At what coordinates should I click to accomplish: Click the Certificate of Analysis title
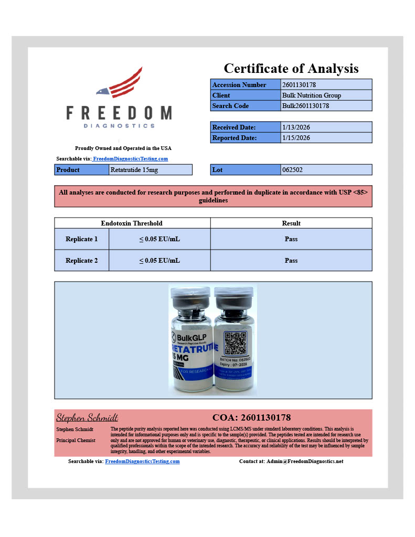pos(291,68)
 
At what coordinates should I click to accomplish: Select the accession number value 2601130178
pos(299,84)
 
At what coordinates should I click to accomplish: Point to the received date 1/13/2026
pos(296,127)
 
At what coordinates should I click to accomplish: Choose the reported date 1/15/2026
pos(296,138)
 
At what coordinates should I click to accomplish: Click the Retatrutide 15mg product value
pos(134,170)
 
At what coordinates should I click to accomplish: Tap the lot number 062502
pos(292,170)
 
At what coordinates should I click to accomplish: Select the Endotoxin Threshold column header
pos(132,223)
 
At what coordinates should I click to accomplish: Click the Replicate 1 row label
pos(81,239)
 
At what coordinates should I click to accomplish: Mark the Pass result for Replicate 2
pos(291,261)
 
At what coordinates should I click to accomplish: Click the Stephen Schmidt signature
pos(87,418)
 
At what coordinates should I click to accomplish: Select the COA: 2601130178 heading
pos(251,418)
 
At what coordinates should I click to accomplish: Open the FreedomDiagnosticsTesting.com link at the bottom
pos(142,461)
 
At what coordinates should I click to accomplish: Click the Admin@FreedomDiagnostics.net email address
pos(305,461)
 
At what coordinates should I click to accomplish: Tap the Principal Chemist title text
pos(76,441)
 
